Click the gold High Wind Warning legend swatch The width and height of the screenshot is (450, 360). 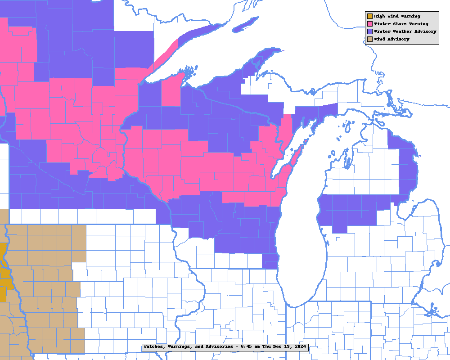click(x=370, y=16)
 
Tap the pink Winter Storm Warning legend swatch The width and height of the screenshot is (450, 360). click(x=370, y=24)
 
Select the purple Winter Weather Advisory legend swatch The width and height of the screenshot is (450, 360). click(x=370, y=31)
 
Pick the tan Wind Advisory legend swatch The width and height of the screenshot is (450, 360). click(x=370, y=39)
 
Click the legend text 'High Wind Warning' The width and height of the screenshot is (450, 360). click(x=397, y=16)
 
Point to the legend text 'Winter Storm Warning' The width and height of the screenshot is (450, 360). click(x=401, y=24)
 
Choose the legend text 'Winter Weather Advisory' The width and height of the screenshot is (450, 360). click(x=405, y=31)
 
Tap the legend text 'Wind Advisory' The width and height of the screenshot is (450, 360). click(x=391, y=39)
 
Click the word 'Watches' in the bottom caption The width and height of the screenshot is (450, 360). click(x=154, y=347)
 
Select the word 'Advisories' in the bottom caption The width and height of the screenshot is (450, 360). click(x=211, y=347)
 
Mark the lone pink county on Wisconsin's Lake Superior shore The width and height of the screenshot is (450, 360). click(x=171, y=90)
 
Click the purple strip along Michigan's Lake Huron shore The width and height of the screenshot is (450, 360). click(x=407, y=171)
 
